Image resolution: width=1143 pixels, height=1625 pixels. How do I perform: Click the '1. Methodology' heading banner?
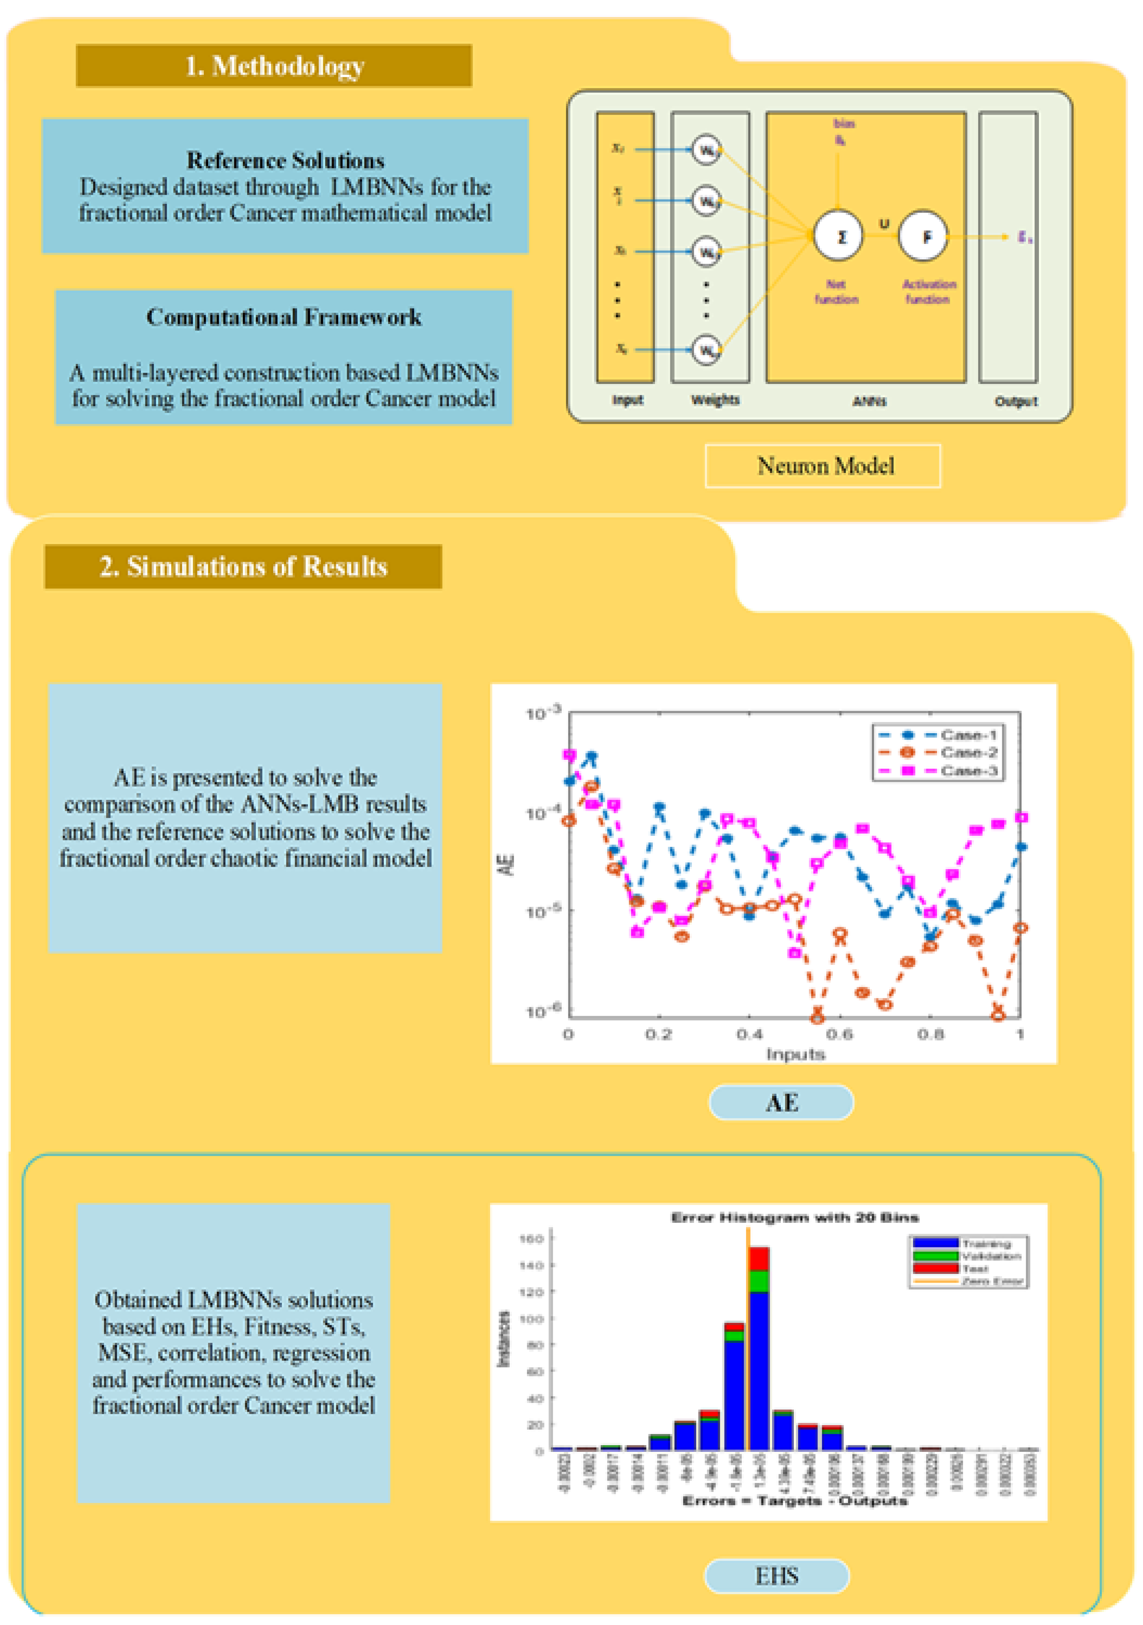click(274, 66)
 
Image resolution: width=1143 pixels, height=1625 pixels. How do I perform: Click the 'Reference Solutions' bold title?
click(285, 161)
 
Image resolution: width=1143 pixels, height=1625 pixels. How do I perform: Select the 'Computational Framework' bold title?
click(284, 317)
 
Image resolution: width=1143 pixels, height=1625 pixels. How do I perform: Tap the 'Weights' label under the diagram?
click(715, 400)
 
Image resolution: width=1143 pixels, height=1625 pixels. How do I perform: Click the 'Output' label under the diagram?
click(1016, 401)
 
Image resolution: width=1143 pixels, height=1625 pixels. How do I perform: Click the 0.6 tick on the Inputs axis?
click(839, 1034)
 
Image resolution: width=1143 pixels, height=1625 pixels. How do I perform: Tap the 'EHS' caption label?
click(776, 1576)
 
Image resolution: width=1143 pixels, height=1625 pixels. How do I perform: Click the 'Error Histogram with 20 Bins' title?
click(794, 1217)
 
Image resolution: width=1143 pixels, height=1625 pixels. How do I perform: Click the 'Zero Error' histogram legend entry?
click(991, 1281)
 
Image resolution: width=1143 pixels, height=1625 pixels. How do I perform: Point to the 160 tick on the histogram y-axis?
click(531, 1238)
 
